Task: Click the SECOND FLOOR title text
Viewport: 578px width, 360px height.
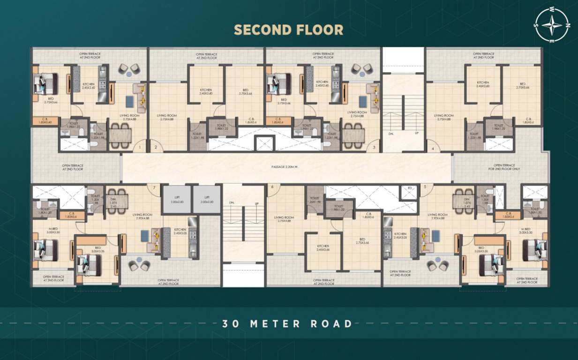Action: coord(288,30)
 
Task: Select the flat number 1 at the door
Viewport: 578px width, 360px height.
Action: coord(139,148)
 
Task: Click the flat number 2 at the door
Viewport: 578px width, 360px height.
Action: coord(156,148)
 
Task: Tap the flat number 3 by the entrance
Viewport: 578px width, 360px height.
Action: coord(374,148)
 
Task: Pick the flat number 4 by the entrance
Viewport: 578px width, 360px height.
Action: coord(433,149)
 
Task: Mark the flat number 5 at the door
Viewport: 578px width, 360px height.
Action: coord(425,187)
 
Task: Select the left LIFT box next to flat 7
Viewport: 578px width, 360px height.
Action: coord(176,199)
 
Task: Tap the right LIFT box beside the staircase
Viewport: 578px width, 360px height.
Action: coord(207,199)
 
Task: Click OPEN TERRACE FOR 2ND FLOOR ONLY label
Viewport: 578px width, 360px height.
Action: coord(504,167)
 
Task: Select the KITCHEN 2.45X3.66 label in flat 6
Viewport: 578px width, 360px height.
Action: coord(322,247)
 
